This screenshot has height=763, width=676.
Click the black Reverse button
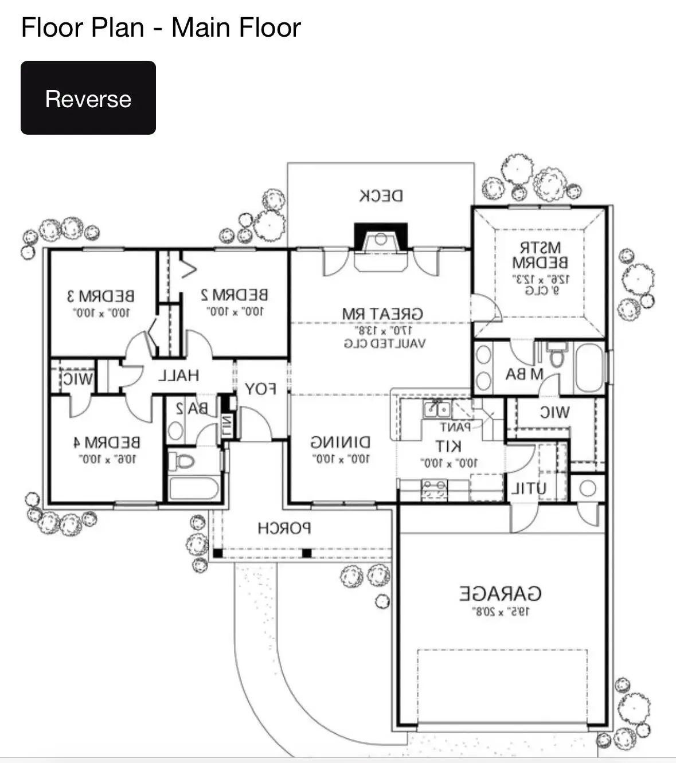tap(88, 98)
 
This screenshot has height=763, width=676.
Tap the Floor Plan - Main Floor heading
tap(161, 28)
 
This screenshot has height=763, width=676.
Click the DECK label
tap(381, 196)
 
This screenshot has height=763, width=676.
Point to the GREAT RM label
tap(382, 314)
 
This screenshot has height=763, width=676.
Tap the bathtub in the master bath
tap(589, 367)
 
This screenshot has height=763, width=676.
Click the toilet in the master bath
tap(556, 355)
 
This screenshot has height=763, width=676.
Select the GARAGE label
tap(501, 593)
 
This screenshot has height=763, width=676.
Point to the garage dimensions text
tap(501, 612)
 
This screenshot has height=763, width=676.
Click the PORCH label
tap(284, 528)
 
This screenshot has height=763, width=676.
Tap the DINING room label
tap(341, 443)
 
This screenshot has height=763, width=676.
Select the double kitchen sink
tap(436, 409)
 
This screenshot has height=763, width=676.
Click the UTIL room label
tap(528, 489)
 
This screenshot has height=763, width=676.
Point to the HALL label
tap(178, 375)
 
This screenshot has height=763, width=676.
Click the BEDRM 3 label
tap(101, 296)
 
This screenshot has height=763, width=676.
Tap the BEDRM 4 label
tap(107, 443)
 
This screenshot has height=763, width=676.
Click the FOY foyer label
tap(261, 389)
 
